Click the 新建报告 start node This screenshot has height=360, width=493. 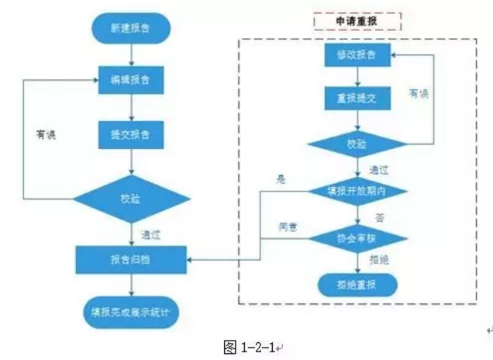click(x=131, y=29)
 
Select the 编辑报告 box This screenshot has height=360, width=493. click(x=131, y=78)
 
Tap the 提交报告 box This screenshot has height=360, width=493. click(x=131, y=133)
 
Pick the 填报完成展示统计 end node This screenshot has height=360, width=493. click(x=131, y=313)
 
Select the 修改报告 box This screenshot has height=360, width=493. click(x=357, y=56)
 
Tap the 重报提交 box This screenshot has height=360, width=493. click(x=357, y=99)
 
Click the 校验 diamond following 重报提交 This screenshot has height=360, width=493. click(x=357, y=144)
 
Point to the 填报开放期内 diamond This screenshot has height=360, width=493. click(x=357, y=190)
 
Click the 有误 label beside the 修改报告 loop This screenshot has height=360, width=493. click(x=419, y=93)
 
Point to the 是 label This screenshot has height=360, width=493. click(x=282, y=179)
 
